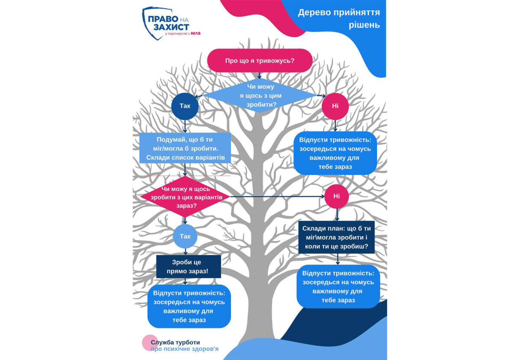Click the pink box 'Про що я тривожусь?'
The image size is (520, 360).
pos(260,60)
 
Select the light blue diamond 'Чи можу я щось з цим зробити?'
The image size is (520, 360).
pos(260,95)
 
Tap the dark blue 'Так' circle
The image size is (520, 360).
pos(185,105)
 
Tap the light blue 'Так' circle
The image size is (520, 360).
pos(185,236)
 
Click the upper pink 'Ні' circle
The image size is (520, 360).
pos(335,106)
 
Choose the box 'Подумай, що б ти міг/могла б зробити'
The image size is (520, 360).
pos(185,148)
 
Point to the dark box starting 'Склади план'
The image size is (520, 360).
pos(337,238)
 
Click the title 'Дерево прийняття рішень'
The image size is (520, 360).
pos(339,18)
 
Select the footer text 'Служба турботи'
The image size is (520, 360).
pos(175,342)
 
